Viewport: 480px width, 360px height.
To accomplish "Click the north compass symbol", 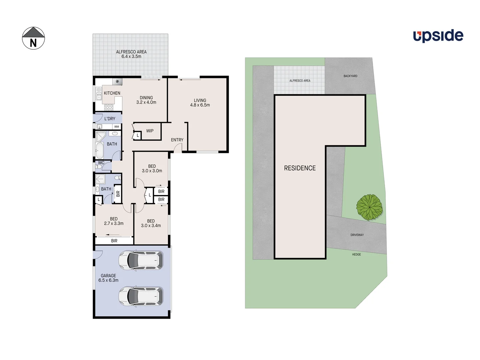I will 33,38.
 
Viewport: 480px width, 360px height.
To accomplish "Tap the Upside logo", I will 438,36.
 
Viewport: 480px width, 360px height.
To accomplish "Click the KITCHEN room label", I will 112,93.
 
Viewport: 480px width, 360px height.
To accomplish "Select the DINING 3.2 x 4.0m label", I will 146,100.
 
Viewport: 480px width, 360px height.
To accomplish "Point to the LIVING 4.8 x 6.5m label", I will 200,103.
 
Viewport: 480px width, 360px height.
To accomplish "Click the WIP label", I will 150,131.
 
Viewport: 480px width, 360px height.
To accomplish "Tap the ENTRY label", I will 177,140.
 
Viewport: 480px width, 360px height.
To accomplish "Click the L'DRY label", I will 110,119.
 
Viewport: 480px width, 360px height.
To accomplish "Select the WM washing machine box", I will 116,127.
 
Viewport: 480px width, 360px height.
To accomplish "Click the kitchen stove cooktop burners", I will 109,107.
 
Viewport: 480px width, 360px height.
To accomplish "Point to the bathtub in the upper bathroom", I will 99,151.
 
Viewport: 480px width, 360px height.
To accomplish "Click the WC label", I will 101,163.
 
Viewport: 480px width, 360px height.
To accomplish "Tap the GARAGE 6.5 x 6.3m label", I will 108,278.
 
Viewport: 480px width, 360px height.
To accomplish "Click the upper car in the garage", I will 141,260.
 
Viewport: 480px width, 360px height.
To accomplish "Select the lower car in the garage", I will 141,296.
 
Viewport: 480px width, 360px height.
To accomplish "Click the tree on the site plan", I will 369,207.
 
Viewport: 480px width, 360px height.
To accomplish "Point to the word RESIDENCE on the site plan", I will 300,168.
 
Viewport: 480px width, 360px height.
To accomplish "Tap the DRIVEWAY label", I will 357,235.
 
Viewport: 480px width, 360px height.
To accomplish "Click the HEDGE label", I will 356,255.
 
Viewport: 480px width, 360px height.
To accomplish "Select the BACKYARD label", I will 350,76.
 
